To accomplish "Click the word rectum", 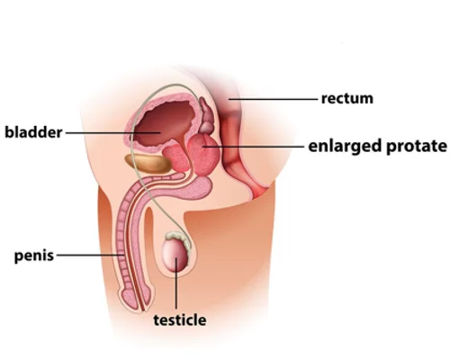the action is coord(347,99).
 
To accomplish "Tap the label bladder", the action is coord(33,132).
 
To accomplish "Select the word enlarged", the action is coord(345,147).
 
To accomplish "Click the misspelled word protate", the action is coord(417,147).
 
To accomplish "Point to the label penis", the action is coord(34,256).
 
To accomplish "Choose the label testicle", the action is coord(180,320).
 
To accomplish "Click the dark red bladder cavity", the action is coord(164,124).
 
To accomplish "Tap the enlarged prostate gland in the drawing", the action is coord(204,155).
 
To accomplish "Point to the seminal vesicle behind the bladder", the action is coord(206,115).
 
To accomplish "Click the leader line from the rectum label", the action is coord(273,99).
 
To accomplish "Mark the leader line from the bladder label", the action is coord(112,132).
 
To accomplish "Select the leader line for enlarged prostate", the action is coord(254,147).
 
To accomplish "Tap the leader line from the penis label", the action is coord(91,256).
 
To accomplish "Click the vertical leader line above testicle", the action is coord(176,283).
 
